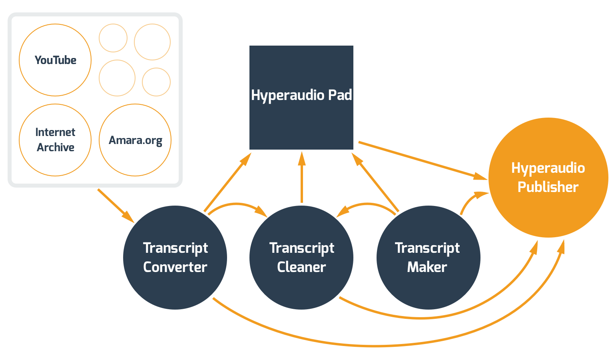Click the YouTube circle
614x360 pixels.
55,60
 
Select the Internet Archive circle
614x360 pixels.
55,140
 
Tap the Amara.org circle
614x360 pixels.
135,140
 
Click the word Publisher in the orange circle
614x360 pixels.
548,187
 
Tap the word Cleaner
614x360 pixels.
301,267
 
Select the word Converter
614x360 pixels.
175,267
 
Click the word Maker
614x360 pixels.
427,267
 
